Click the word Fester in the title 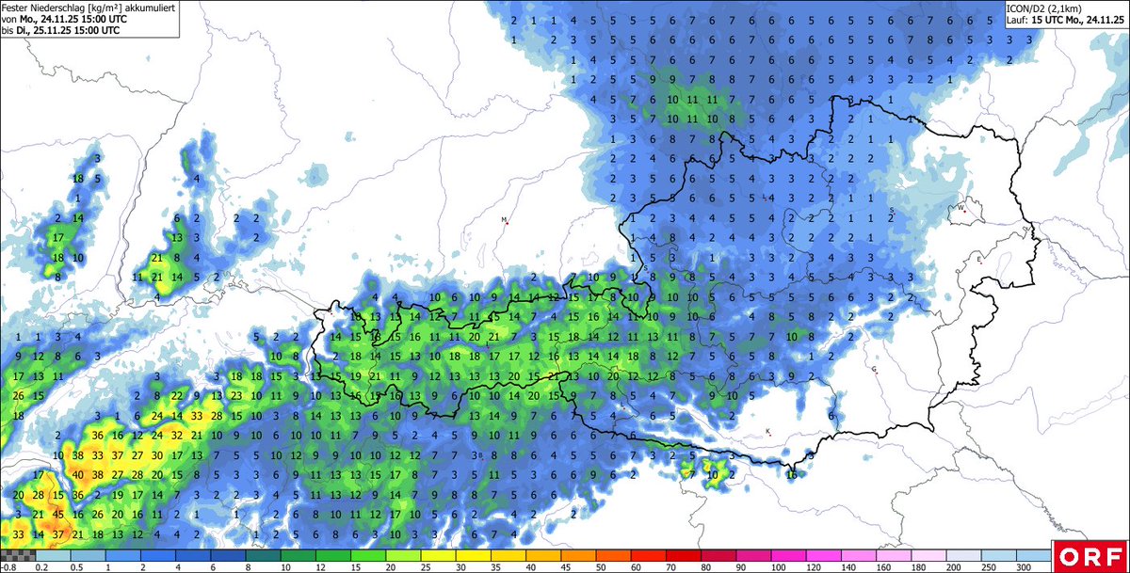pos(18,8)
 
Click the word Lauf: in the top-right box pos(1019,19)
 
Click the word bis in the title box pos(8,30)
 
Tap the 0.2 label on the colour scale pos(40,566)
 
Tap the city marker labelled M pos(505,221)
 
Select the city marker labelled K pos(768,433)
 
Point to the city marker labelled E pos(979,261)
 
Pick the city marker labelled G pos(874,370)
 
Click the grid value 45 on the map pos(58,515)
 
